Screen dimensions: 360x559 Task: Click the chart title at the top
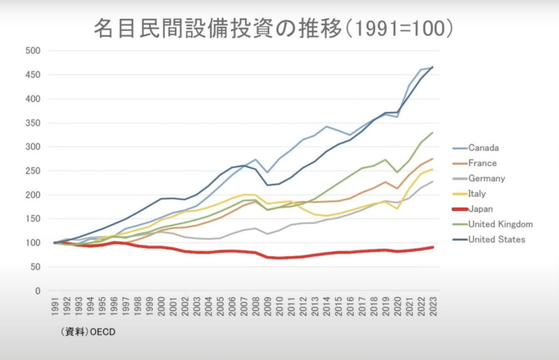click(273, 29)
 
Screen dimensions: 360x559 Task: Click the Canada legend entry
click(483, 147)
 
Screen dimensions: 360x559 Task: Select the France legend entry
click(483, 163)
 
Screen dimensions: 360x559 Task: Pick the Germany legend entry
click(486, 178)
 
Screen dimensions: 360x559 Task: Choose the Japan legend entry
click(480, 209)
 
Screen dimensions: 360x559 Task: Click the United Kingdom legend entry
click(500, 224)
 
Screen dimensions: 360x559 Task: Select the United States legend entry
click(496, 239)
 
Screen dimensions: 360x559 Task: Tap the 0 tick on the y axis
click(38, 291)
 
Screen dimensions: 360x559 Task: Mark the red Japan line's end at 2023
click(433, 247)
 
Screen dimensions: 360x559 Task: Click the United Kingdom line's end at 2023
click(433, 133)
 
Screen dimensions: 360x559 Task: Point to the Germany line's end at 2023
click(433, 181)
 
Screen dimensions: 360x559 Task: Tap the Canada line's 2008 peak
click(255, 160)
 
